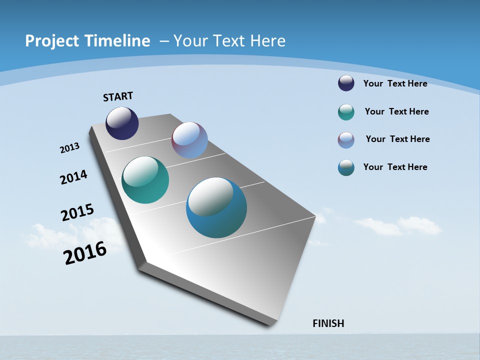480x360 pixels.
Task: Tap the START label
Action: click(x=118, y=96)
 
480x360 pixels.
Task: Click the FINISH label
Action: click(x=328, y=323)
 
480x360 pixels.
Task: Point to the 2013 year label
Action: click(x=70, y=148)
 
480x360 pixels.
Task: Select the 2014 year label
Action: click(x=74, y=177)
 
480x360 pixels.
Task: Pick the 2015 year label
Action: click(x=77, y=212)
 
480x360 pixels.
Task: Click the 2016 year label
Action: click(x=85, y=253)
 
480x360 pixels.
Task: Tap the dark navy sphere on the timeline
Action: click(x=122, y=123)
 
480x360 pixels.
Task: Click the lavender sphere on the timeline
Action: click(x=189, y=140)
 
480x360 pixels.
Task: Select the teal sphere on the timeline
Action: click(x=145, y=180)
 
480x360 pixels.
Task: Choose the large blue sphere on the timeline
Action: click(x=216, y=207)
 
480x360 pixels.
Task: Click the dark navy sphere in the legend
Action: click(x=346, y=83)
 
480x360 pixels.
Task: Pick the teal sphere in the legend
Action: click(x=346, y=112)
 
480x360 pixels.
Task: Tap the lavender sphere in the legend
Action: click(x=346, y=140)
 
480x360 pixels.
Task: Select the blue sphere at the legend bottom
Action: click(x=346, y=167)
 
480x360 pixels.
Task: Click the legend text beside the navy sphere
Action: click(x=395, y=83)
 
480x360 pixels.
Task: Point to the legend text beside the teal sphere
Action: click(x=396, y=111)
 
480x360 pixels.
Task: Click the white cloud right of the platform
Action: click(x=400, y=226)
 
